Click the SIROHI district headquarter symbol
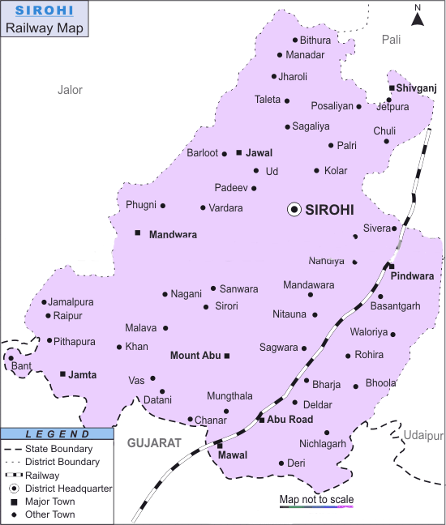click(x=294, y=209)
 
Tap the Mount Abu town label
click(x=195, y=355)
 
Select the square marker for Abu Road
click(x=261, y=420)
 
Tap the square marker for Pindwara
click(x=391, y=266)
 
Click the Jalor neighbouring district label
click(x=70, y=90)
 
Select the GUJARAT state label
click(x=152, y=443)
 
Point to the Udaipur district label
click(x=425, y=435)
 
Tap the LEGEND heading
click(x=52, y=434)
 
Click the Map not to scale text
click(x=316, y=499)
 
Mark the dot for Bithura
click(x=294, y=40)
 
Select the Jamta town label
click(x=83, y=374)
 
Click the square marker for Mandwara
click(x=138, y=233)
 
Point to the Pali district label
click(x=392, y=39)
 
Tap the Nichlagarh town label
click(x=322, y=443)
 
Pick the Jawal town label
click(x=259, y=152)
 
